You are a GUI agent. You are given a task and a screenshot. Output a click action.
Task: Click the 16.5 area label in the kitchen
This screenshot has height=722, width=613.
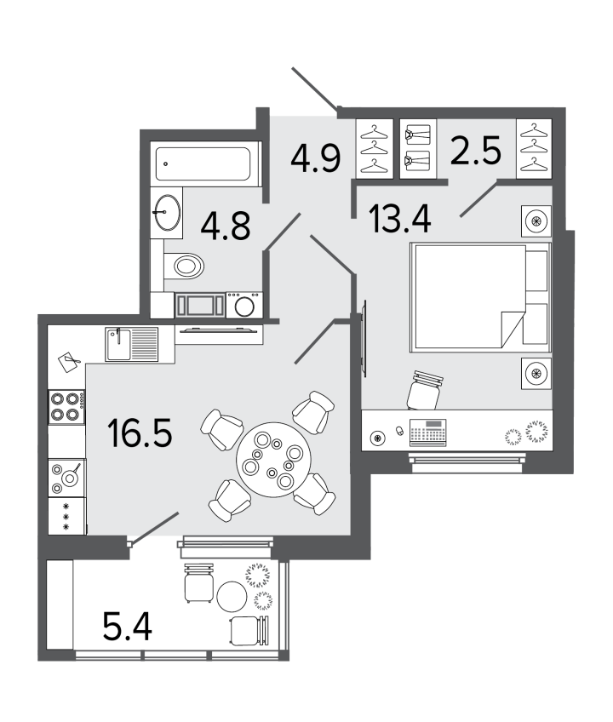(140, 433)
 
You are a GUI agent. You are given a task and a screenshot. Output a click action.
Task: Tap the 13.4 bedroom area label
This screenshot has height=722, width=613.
(400, 219)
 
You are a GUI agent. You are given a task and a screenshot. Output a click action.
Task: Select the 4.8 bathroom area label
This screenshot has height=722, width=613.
(226, 226)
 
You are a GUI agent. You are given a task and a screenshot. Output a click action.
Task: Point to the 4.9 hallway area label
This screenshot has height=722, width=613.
(316, 158)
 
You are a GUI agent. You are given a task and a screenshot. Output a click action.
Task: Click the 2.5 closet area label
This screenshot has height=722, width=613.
(476, 151)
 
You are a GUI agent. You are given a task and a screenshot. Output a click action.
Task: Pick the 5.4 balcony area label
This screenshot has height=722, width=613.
(128, 627)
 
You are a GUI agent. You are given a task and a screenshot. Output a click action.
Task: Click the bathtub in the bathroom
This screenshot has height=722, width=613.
(203, 163)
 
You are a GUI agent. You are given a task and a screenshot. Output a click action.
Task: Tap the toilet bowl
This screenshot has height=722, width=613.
(184, 266)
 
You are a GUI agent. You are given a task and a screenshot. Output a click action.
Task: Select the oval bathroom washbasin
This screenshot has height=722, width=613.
(167, 212)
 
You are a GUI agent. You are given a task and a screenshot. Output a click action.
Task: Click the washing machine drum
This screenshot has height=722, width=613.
(244, 307)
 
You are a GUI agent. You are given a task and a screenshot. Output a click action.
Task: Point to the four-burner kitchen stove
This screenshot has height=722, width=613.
(66, 407)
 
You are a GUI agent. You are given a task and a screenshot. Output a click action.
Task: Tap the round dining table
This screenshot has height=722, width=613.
(273, 460)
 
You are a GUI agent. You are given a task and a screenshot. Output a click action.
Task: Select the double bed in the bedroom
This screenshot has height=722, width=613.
(480, 297)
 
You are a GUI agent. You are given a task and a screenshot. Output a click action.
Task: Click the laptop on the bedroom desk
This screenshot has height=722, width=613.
(428, 433)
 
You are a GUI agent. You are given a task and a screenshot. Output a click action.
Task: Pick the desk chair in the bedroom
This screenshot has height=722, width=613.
(425, 391)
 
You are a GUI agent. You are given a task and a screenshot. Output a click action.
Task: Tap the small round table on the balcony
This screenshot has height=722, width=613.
(232, 597)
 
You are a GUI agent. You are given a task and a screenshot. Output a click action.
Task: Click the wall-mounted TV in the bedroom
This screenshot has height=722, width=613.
(364, 338)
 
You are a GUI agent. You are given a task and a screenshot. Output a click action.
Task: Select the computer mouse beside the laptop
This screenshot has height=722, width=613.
(399, 431)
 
